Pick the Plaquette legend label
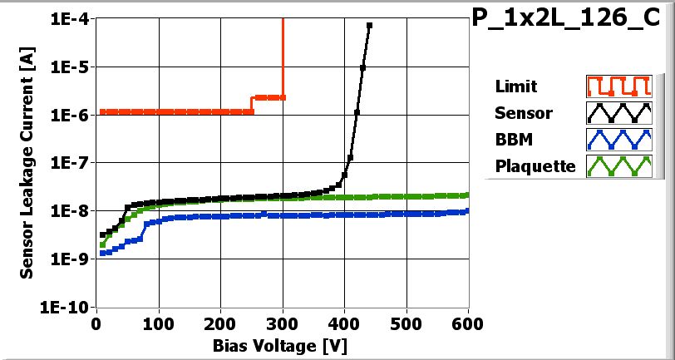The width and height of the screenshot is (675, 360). pos(535,166)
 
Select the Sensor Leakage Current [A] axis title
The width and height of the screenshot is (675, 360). pos(27,162)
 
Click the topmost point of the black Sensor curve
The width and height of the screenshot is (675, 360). pos(369,26)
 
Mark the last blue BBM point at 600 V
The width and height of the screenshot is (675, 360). pos(467,210)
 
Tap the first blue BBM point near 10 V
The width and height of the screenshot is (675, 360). pos(102,253)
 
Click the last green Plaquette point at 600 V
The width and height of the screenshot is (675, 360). pos(467,195)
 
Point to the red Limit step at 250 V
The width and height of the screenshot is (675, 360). pos(252,104)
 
